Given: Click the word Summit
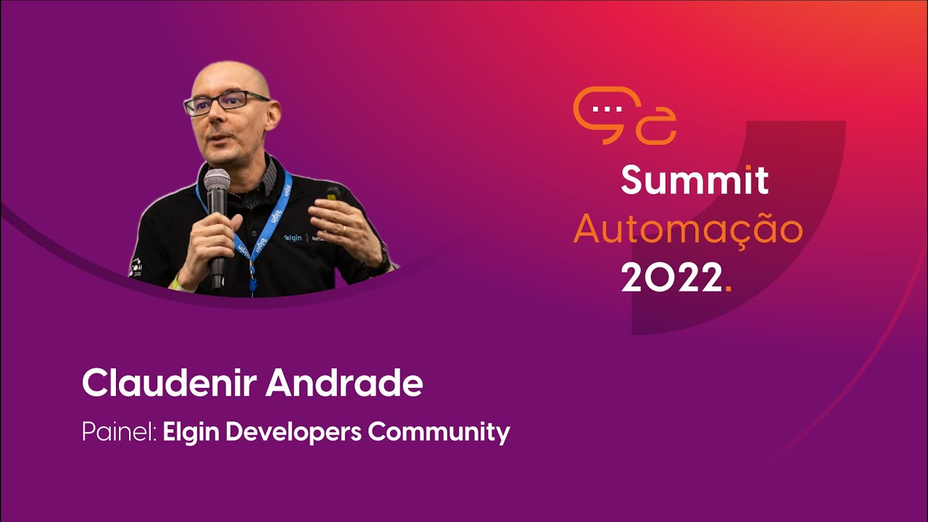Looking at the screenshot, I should click(x=694, y=181).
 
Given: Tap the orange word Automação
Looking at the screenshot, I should click(x=687, y=230).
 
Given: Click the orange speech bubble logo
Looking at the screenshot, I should click(x=623, y=116).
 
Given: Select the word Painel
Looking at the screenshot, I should click(x=116, y=433).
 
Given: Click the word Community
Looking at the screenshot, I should click(x=439, y=432).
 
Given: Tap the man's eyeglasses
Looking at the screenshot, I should click(x=226, y=102).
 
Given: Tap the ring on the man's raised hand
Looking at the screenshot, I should click(x=344, y=228).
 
